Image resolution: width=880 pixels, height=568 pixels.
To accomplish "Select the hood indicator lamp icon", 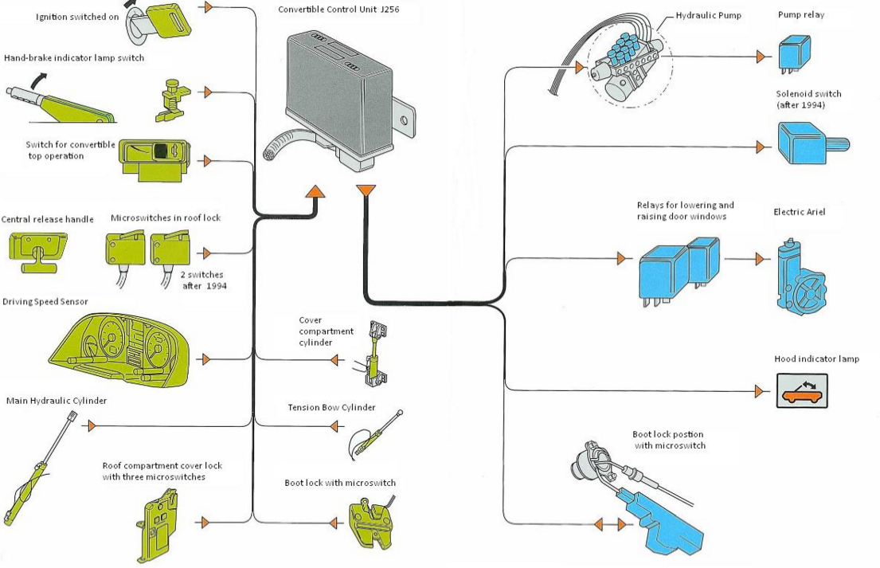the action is coord(802,390).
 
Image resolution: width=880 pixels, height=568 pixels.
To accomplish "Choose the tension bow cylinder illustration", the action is coord(374,435).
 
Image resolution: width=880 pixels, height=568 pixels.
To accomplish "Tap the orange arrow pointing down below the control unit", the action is coord(366,191).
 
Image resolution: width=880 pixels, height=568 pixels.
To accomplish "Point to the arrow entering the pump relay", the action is coord(761,57).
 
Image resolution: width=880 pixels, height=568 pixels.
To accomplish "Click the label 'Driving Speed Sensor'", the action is coord(45,302).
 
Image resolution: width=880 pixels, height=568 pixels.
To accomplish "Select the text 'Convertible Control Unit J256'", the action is coord(338,10).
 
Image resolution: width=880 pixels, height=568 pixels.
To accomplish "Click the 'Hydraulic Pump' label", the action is coord(708,16).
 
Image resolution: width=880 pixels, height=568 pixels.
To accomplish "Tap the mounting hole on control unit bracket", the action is coord(403,120).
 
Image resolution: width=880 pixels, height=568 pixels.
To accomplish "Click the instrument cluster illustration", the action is coord(121,348).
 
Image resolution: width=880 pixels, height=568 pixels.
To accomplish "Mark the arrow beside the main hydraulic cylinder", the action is coord(92,426).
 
